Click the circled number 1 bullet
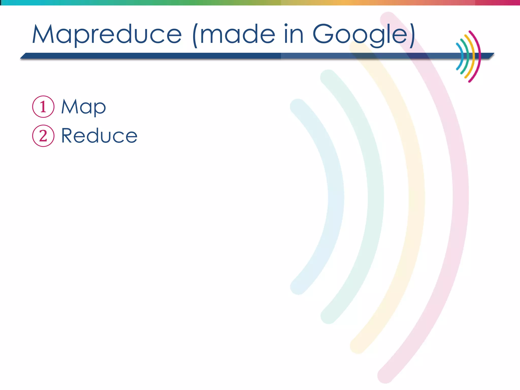coord(43,107)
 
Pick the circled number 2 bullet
coord(43,136)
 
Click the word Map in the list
coord(83,107)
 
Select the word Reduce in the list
coord(99,136)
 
